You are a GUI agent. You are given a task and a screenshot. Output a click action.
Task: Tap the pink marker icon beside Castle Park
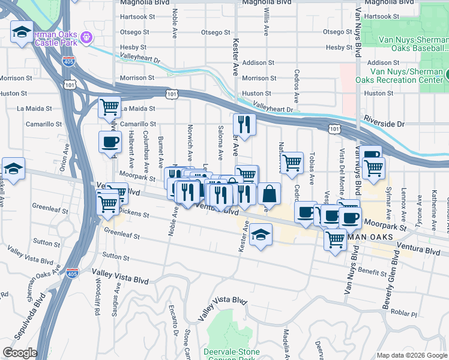click(86, 38)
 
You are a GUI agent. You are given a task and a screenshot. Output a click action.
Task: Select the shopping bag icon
click(270, 194)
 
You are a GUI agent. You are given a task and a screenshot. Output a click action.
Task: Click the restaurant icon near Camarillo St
click(244, 125)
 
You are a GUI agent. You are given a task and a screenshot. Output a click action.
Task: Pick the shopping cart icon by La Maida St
click(109, 108)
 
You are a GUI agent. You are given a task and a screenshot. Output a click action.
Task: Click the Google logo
click(20, 353)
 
